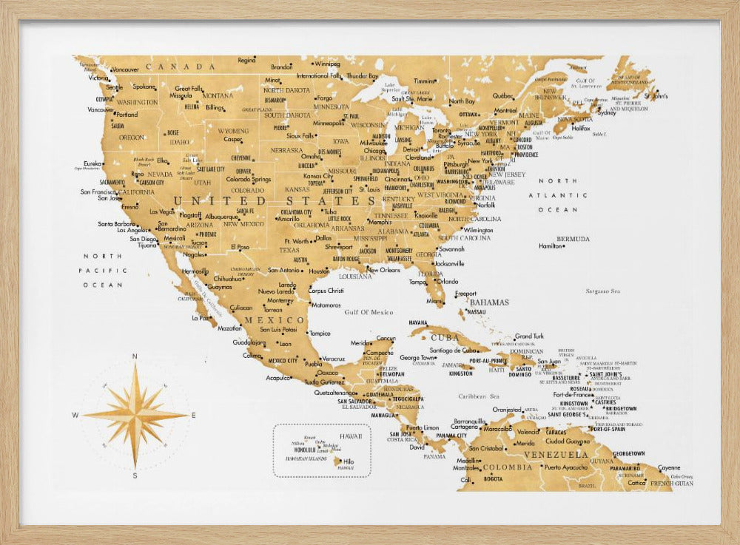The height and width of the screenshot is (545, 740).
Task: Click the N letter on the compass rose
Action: point(134,356)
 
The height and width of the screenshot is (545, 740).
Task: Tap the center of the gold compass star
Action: point(135,416)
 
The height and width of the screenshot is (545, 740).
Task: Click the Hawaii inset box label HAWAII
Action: point(349,436)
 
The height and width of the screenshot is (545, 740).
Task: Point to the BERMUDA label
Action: point(573,239)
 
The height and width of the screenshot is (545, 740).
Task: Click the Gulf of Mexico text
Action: point(369,312)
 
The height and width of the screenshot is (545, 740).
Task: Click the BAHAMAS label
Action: point(489,302)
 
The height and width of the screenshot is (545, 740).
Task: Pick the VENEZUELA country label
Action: point(556,455)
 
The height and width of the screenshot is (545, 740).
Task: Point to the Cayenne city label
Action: point(669,467)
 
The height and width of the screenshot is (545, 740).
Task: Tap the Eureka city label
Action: point(93,163)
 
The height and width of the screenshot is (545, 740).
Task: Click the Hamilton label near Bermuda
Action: point(551,246)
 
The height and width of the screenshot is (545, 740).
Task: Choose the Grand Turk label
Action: point(529,336)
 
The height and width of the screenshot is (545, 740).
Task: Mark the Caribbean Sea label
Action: point(479,396)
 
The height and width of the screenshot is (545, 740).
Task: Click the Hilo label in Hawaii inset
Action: point(349,461)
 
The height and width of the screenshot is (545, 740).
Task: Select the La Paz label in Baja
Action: point(200,318)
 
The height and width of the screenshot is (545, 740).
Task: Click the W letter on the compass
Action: point(75,416)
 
